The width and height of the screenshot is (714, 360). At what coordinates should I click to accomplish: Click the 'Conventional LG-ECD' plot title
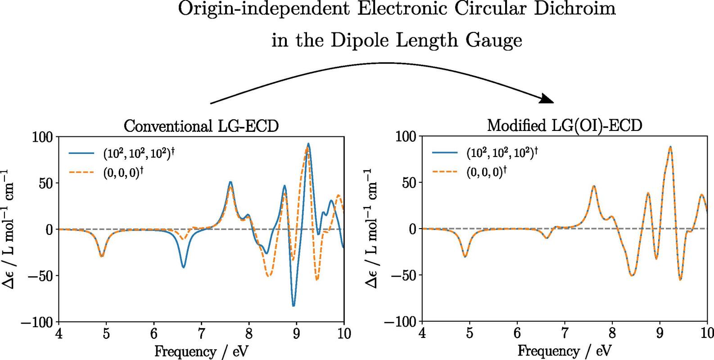click(x=201, y=126)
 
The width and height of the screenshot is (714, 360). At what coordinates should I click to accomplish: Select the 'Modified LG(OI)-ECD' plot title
click(x=565, y=126)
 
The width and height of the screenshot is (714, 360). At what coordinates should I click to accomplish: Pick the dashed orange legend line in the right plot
click(x=445, y=171)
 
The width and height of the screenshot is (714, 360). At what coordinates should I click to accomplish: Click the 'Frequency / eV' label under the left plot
click(x=201, y=351)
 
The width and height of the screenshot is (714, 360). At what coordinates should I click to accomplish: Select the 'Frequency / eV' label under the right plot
click(x=565, y=351)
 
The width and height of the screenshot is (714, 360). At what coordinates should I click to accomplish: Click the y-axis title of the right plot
click(x=372, y=229)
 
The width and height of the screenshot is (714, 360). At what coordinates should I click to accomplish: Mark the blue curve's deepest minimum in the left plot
click(x=294, y=306)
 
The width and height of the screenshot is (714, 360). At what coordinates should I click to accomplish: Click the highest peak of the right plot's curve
click(x=670, y=147)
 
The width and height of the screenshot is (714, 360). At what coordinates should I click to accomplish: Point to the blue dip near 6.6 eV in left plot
click(x=183, y=267)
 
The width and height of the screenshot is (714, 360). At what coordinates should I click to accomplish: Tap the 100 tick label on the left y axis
click(x=43, y=136)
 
